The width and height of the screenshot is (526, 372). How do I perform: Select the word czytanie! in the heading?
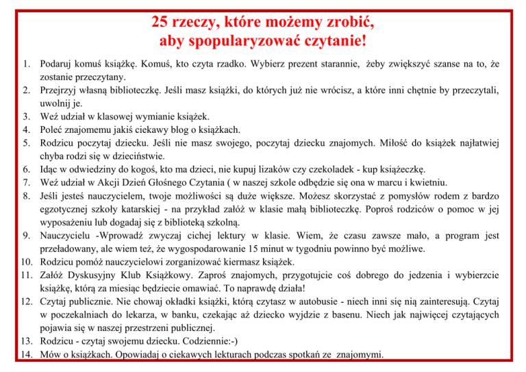pos(331,41)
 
